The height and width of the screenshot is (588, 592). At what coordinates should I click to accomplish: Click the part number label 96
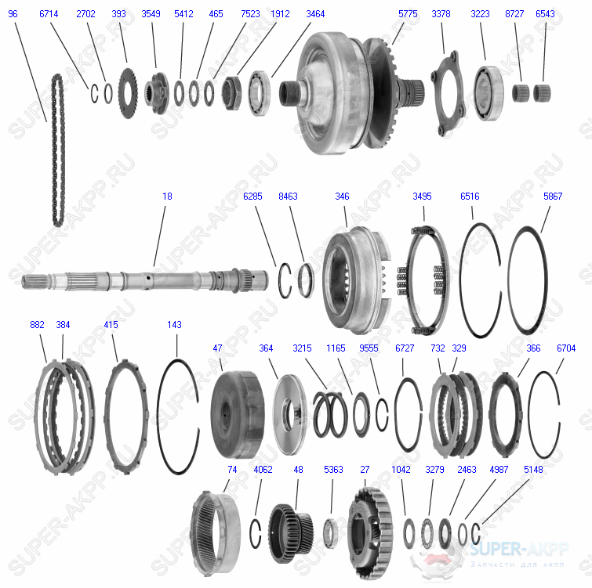click(x=13, y=14)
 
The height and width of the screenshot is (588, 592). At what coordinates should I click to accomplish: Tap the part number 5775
click(x=408, y=14)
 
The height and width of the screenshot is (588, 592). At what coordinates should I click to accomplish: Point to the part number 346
click(x=342, y=197)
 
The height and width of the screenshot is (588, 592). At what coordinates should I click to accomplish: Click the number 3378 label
click(x=441, y=14)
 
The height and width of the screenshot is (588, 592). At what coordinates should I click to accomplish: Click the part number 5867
click(x=552, y=197)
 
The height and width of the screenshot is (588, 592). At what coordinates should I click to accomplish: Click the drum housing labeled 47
click(x=236, y=411)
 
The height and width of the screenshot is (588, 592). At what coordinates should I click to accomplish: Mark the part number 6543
click(x=545, y=14)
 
